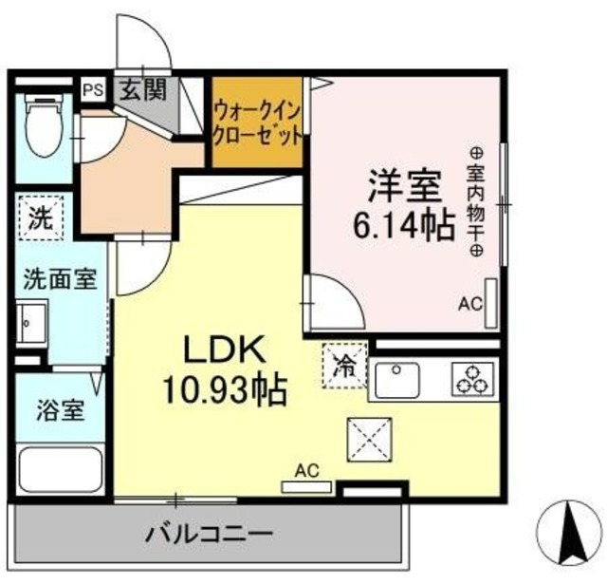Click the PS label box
[x=92, y=90]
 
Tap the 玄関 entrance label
[x=142, y=90]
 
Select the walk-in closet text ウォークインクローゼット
[x=258, y=122]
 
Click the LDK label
[x=223, y=349]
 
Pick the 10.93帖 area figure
[x=223, y=389]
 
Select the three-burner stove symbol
[x=470, y=380]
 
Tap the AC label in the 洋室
[x=470, y=305]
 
